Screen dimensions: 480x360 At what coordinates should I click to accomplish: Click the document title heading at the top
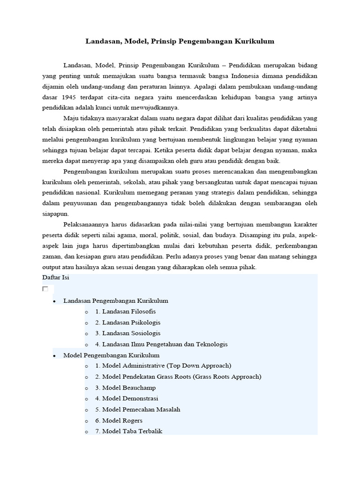[180, 41]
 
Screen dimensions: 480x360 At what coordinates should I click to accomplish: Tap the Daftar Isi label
[56, 278]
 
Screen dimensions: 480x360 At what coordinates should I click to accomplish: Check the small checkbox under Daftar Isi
[45, 289]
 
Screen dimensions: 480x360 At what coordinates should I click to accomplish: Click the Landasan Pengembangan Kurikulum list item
[115, 300]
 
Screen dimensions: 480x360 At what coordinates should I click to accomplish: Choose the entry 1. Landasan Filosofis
[125, 311]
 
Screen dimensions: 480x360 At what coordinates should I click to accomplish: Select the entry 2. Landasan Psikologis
[127, 322]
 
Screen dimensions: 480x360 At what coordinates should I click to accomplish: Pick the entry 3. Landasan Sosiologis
[127, 333]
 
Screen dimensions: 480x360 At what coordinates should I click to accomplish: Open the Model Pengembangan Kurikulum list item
[111, 355]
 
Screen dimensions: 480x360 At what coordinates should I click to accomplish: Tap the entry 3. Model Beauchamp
[125, 388]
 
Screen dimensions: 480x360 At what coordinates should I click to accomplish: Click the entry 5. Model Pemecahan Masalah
[137, 409]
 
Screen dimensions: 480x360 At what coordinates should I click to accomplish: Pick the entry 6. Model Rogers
[119, 420]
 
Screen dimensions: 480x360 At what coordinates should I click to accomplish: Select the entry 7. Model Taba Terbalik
[128, 431]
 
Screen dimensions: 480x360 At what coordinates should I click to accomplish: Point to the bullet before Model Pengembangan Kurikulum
[55, 356]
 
